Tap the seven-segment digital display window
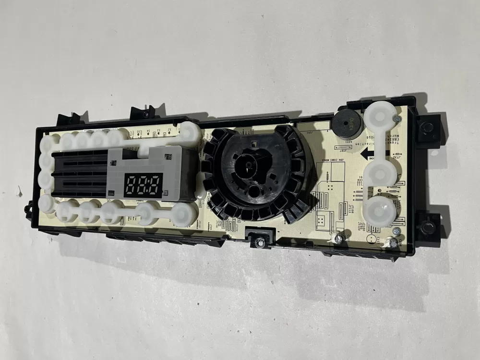143,184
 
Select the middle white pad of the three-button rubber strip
382,169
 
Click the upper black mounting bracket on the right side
427,128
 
